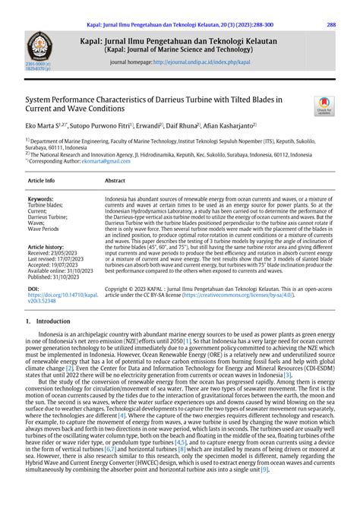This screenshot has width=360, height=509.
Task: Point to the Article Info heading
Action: tap(41, 181)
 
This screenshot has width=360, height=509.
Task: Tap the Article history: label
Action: tap(46, 248)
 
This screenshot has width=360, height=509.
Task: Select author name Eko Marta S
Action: tap(42, 125)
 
